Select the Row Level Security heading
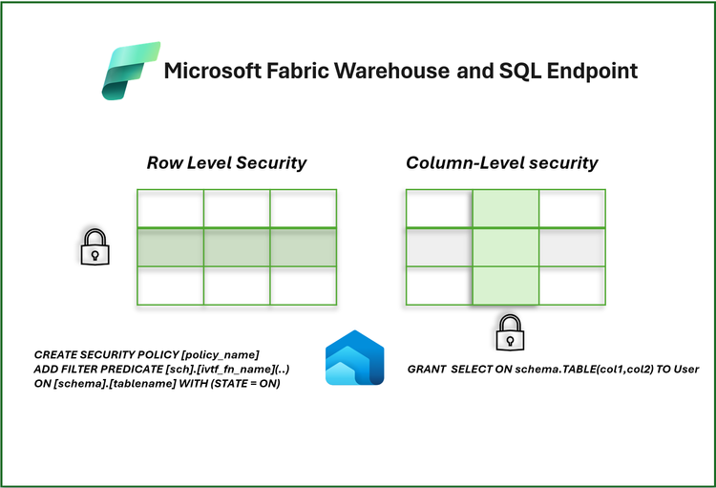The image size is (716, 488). pyautogui.click(x=226, y=162)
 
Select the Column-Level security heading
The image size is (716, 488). pyautogui.click(x=502, y=162)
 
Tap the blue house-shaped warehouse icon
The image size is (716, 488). pyautogui.click(x=354, y=360)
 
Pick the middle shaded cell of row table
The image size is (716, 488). pyautogui.click(x=237, y=247)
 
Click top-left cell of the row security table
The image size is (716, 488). pyautogui.click(x=170, y=209)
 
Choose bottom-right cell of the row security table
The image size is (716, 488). pyautogui.click(x=303, y=286)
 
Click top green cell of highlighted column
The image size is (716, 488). pyautogui.click(x=506, y=209)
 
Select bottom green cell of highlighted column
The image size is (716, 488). pyautogui.click(x=506, y=286)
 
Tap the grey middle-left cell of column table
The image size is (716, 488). pyautogui.click(x=439, y=247)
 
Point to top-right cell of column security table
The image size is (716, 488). pyautogui.click(x=572, y=209)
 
